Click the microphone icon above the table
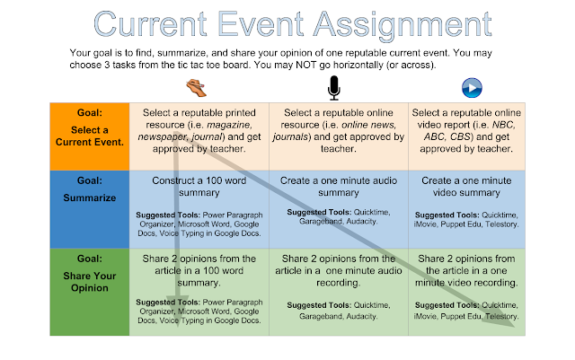tap(333, 88)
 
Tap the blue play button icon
tap(472, 88)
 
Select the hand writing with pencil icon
tap(197, 88)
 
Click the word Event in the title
tap(261, 24)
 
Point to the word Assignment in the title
tap(403, 26)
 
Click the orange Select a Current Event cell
tap(90, 136)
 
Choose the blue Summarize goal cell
tap(90, 209)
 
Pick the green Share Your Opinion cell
tap(90, 292)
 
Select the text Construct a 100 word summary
tap(199, 187)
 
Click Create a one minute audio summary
tap(339, 187)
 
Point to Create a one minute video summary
tap(466, 187)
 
